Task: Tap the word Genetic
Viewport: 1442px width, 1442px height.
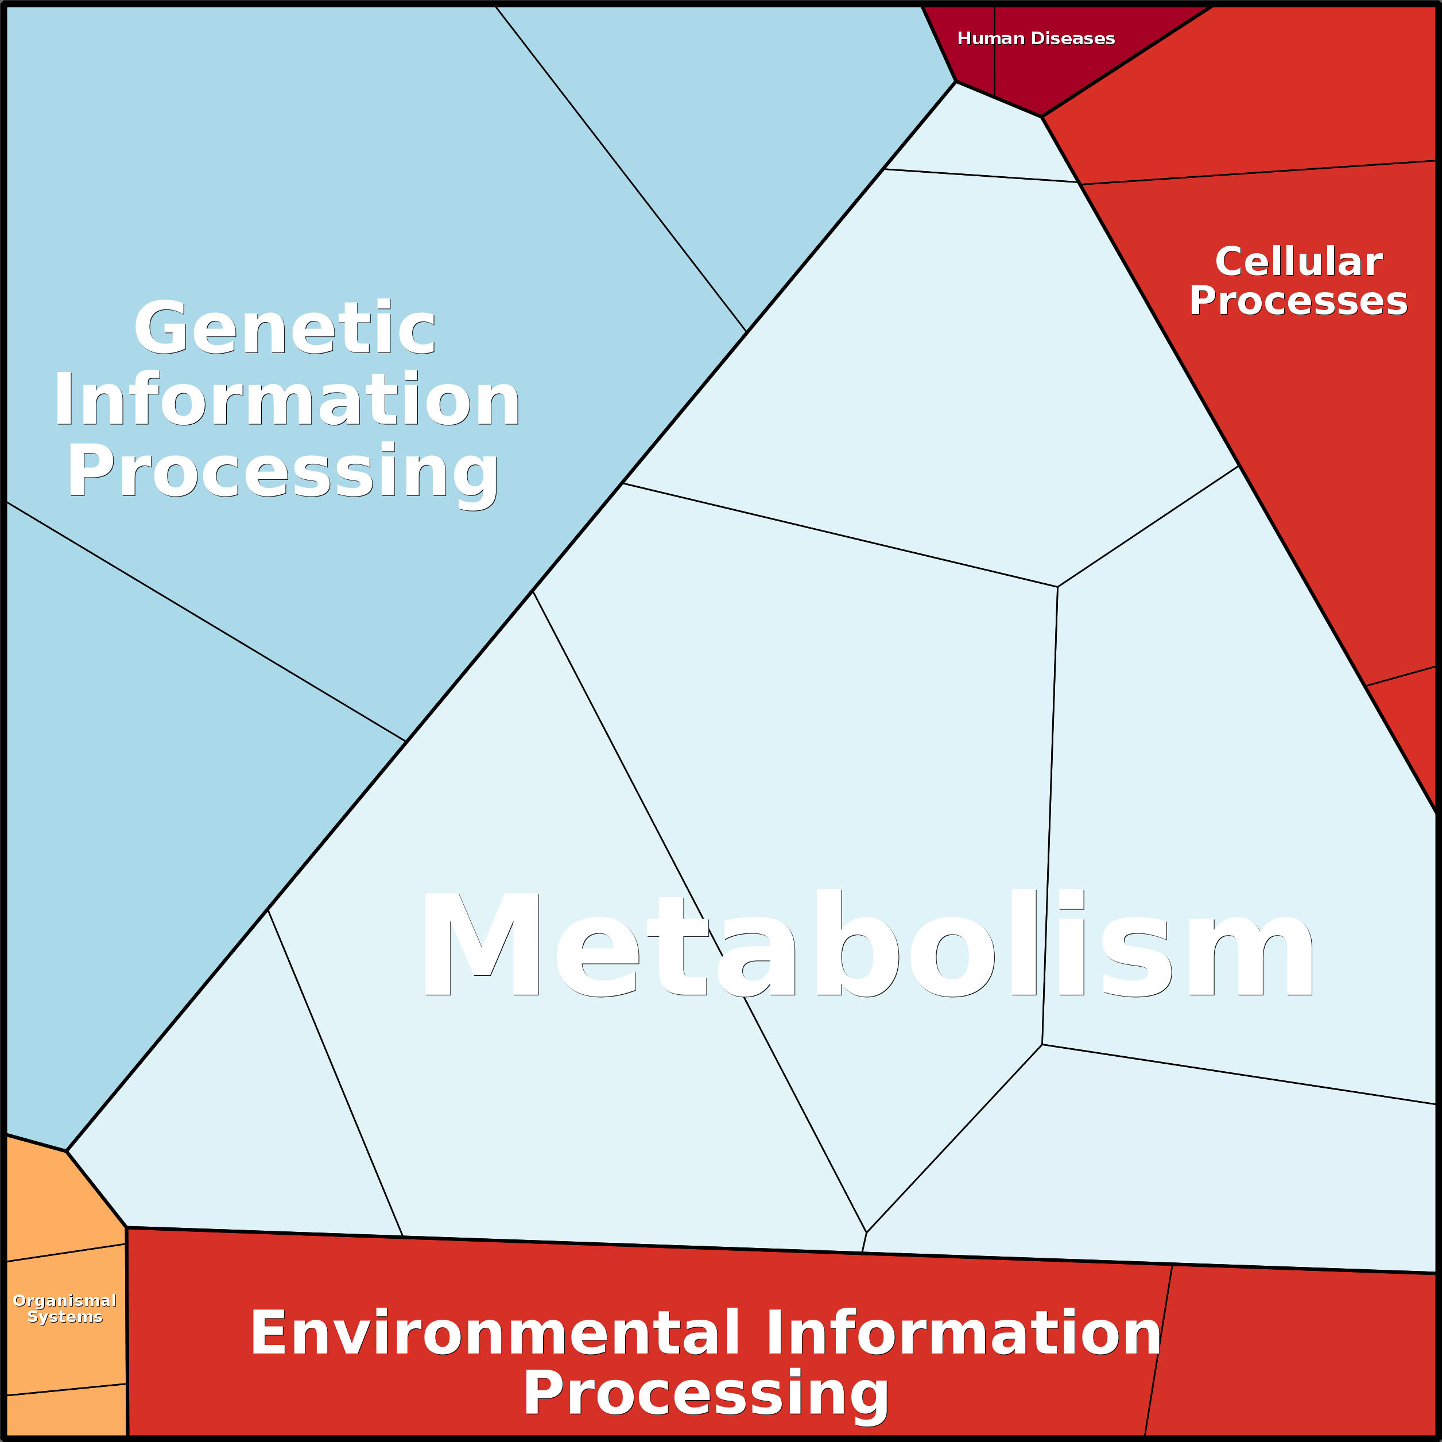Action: pos(284,328)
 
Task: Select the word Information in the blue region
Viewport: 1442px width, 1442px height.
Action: pos(286,400)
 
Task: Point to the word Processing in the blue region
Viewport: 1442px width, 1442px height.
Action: pos(284,473)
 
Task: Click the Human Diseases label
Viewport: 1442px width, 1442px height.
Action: pos(1036,38)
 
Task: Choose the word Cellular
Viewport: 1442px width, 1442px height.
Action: pos(1298,262)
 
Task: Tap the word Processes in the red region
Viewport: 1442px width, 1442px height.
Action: pos(1298,301)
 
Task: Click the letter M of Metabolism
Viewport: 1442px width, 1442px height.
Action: pos(480,943)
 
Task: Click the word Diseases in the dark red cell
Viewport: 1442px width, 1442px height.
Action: pos(1073,38)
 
